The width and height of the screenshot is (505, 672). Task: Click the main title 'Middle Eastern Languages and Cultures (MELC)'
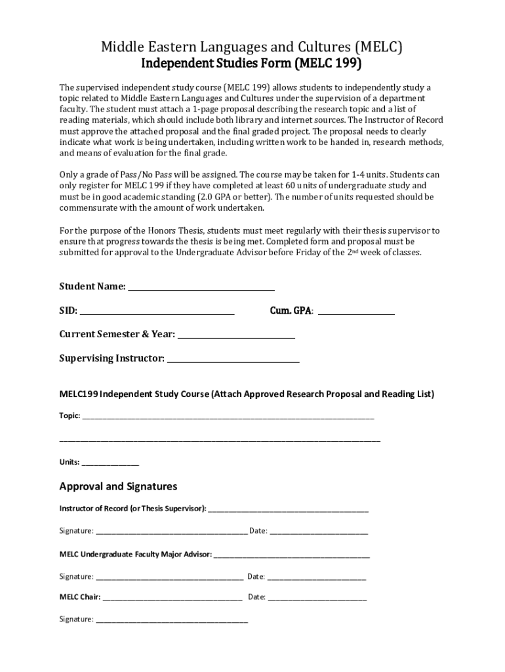point(252,46)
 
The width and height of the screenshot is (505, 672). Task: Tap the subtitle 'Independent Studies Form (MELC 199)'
point(252,64)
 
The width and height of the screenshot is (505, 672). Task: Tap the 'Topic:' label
point(70,415)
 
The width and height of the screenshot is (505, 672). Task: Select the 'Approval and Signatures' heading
point(118,486)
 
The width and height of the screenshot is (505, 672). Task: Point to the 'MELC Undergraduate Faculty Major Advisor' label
point(135,555)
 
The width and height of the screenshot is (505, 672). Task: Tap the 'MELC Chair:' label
point(80,597)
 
